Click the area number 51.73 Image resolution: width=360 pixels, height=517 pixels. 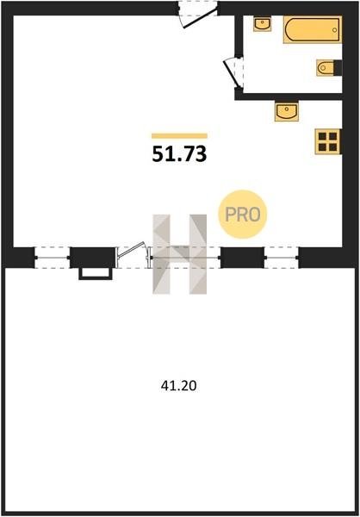tap(179, 154)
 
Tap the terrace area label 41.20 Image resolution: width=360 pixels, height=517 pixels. tap(178, 385)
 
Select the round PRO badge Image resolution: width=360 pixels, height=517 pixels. tap(242, 215)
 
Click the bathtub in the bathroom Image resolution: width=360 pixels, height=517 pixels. tap(312, 29)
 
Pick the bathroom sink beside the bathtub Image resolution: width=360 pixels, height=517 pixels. tap(263, 24)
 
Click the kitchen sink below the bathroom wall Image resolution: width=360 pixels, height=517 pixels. tap(287, 111)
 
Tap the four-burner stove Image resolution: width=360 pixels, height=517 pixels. tap(327, 141)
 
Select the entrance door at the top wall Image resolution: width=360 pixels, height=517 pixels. tap(197, 14)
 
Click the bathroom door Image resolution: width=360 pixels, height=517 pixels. tap(234, 72)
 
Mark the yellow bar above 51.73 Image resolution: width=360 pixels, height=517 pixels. tap(179, 136)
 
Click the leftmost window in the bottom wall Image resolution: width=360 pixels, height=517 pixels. tap(52, 257)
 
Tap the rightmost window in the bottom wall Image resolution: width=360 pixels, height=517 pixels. tap(282, 257)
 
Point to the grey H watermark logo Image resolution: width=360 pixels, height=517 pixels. tap(180, 254)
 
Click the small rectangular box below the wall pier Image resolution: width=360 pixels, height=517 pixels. tap(96, 274)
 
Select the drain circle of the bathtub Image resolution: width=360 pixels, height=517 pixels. tap(335, 30)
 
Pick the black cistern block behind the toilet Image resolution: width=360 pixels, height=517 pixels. tap(338, 68)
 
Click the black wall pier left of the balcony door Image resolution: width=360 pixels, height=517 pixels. tap(93, 258)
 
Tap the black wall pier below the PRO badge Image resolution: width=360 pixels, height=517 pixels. tap(242, 258)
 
